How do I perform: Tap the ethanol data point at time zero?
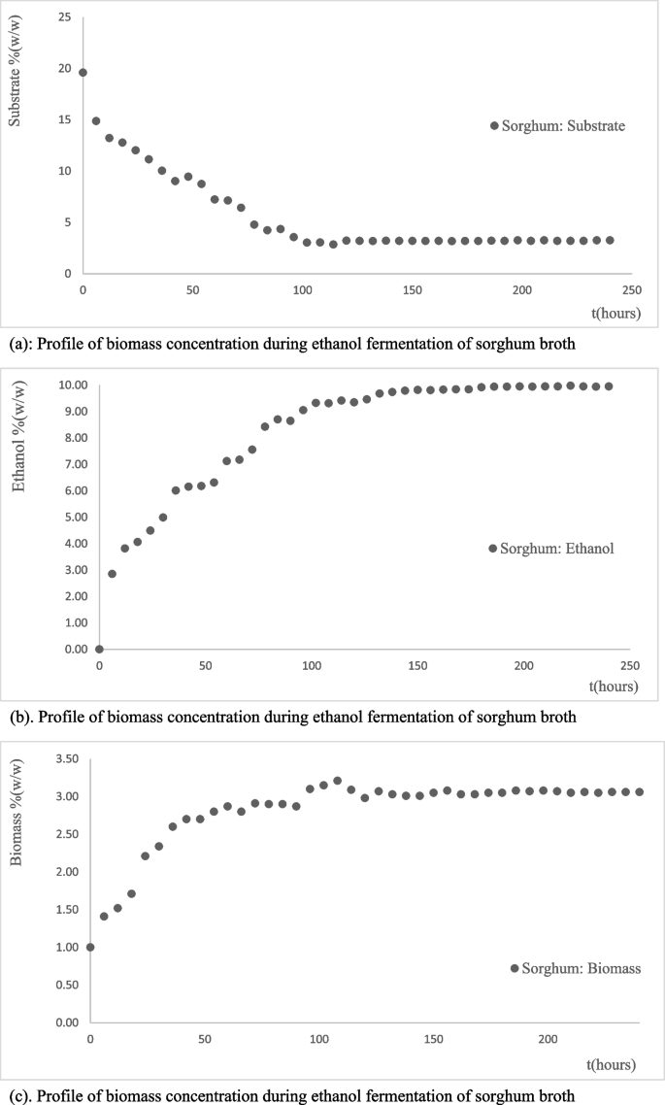[x=99, y=649]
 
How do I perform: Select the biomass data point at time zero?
[x=90, y=947]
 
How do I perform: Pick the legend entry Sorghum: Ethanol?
[x=552, y=548]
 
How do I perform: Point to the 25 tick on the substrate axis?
[x=63, y=17]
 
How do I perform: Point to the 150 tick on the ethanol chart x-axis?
[x=417, y=665]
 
